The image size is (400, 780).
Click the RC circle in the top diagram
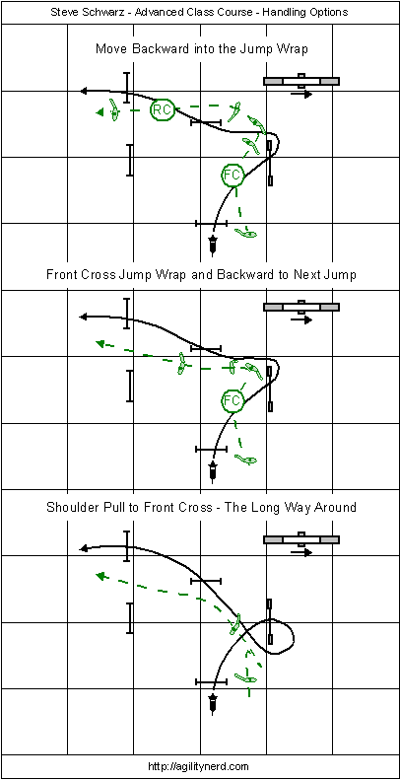162,109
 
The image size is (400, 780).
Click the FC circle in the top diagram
233,175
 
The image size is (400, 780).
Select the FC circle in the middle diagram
233,400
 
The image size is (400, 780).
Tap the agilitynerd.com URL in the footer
200,766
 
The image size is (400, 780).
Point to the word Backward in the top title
144,48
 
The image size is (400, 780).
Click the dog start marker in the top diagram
213,245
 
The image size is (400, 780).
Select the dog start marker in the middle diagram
213,470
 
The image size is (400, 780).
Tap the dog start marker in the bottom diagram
213,702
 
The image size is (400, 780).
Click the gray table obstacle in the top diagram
301,81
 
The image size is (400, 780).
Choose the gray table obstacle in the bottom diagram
301,539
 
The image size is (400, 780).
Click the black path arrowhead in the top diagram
85,91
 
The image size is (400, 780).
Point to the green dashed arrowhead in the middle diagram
100,343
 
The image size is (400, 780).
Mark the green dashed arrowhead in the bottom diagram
100,576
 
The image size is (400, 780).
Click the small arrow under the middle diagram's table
301,319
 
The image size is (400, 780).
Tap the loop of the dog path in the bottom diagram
294,638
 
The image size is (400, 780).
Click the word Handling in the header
299,13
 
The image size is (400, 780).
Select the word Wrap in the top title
296,48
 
